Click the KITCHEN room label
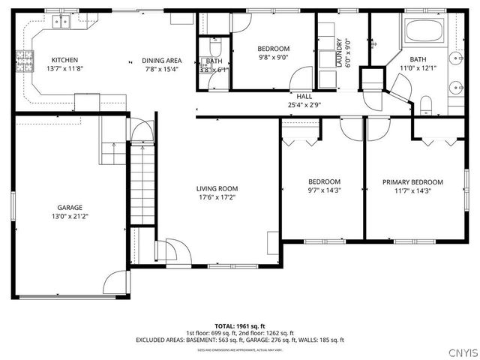click(x=64, y=60)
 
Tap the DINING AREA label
click(x=162, y=60)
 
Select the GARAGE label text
click(x=70, y=208)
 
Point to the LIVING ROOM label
click(x=217, y=189)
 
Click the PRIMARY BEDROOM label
click(x=412, y=181)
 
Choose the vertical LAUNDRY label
click(x=339, y=53)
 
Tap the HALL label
click(x=304, y=96)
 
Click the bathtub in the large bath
click(x=424, y=32)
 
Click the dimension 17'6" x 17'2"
click(x=217, y=198)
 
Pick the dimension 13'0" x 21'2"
click(x=70, y=217)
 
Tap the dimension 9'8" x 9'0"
click(x=274, y=58)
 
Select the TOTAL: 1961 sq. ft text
click(x=240, y=326)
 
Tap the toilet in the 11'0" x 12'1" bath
click(x=425, y=103)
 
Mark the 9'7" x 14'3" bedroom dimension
click(x=324, y=190)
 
